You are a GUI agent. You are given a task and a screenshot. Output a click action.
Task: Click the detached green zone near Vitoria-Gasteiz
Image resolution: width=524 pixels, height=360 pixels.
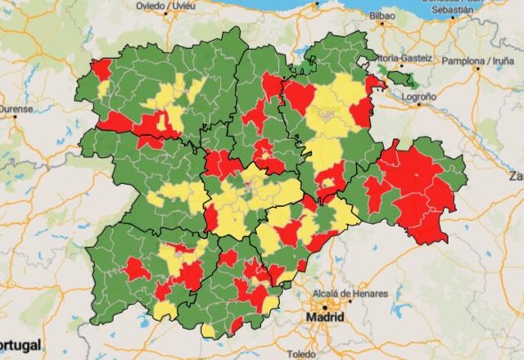click(401, 79)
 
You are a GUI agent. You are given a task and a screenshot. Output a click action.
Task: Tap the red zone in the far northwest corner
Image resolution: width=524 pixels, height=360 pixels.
click(102, 69)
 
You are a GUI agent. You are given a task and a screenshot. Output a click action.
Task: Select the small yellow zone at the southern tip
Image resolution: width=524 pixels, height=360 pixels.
click(209, 331)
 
